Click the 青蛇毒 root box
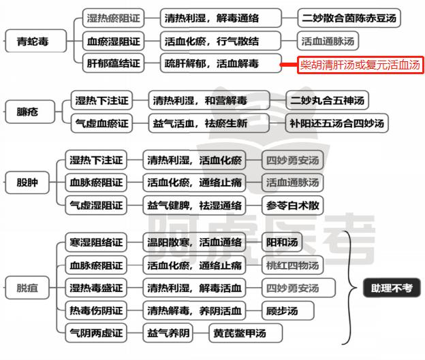36,41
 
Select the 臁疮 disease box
30,112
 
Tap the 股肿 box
27,182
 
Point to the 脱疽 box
27,288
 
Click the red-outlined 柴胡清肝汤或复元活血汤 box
360,65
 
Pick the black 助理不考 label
392,288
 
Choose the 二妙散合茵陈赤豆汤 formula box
349,18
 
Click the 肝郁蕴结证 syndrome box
113,63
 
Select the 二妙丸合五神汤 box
327,101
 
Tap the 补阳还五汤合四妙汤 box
337,123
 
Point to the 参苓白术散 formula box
292,206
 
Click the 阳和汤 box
282,242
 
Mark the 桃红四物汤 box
292,265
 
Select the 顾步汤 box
288,310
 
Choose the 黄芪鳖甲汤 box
246,333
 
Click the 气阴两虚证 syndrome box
96,333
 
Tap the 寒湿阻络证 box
96,242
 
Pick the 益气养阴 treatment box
168,333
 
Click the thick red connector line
289,65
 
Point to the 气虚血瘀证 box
101,123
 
